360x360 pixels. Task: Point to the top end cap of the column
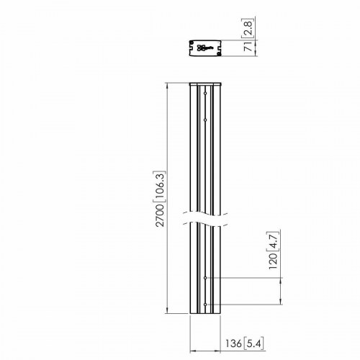(204, 85)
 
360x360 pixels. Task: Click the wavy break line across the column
(205, 217)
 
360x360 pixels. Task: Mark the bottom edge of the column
(205, 315)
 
